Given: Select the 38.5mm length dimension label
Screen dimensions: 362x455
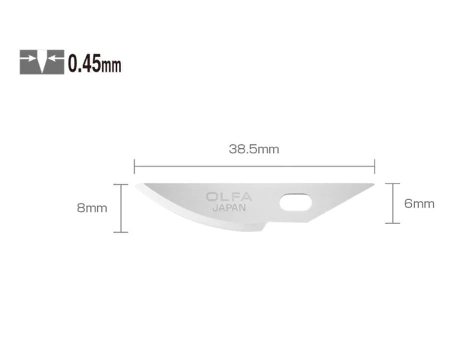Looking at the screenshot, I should click(x=254, y=149).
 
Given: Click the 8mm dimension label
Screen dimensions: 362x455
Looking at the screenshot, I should click(x=92, y=208).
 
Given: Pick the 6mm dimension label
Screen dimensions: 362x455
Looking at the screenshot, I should click(x=419, y=204).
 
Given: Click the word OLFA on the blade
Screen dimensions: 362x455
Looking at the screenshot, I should click(x=229, y=197).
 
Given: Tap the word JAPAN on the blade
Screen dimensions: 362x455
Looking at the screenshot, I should click(x=229, y=209).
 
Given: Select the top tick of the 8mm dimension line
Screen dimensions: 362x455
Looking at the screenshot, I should click(x=121, y=184).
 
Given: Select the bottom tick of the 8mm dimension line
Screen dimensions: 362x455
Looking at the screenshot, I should click(x=121, y=232).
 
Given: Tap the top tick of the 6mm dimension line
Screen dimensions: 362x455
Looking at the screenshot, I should click(x=393, y=184).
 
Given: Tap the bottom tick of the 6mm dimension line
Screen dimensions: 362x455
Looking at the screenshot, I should click(x=393, y=223).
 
